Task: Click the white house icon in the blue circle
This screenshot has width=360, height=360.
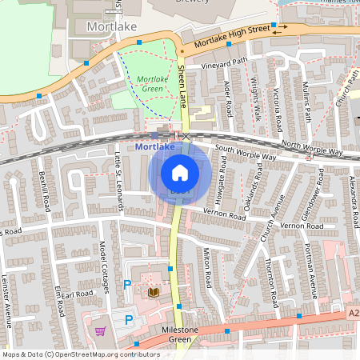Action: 180,172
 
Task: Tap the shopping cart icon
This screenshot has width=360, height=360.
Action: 101,331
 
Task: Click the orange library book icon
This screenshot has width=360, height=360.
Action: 154,292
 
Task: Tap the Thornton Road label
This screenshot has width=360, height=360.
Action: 271,276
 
